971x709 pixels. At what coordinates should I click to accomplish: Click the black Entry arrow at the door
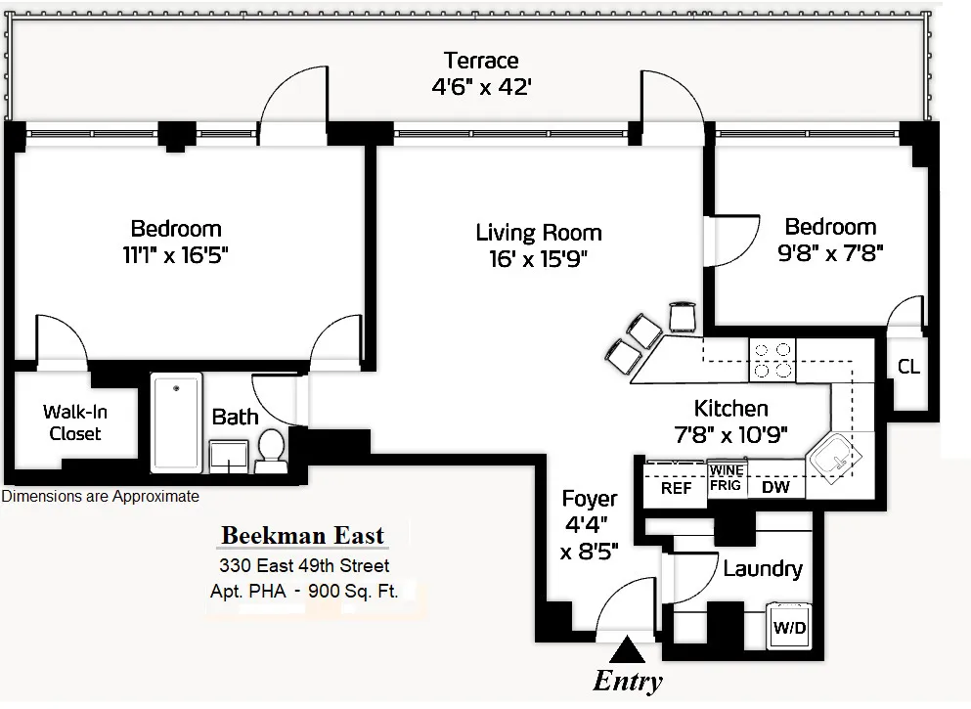[627, 649]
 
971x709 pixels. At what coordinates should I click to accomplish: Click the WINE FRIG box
[727, 477]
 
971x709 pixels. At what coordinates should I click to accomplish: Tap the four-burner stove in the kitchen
[772, 360]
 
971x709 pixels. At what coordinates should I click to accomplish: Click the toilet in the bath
[270, 450]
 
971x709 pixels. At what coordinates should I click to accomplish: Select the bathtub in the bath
[177, 422]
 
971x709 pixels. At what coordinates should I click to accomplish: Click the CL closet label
[908, 367]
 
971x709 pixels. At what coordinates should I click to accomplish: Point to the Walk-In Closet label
[75, 423]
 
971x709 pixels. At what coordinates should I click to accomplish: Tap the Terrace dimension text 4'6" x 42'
[481, 86]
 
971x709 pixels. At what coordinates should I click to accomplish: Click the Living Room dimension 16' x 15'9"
[539, 258]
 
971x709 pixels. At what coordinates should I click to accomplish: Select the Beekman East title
[302, 536]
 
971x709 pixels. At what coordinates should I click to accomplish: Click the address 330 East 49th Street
[303, 565]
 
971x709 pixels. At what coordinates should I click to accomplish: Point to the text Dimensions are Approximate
[100, 497]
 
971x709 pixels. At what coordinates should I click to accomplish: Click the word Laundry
[763, 568]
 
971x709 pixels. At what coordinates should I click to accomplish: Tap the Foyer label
[591, 499]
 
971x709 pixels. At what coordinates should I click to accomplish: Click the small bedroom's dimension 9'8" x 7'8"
[830, 253]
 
